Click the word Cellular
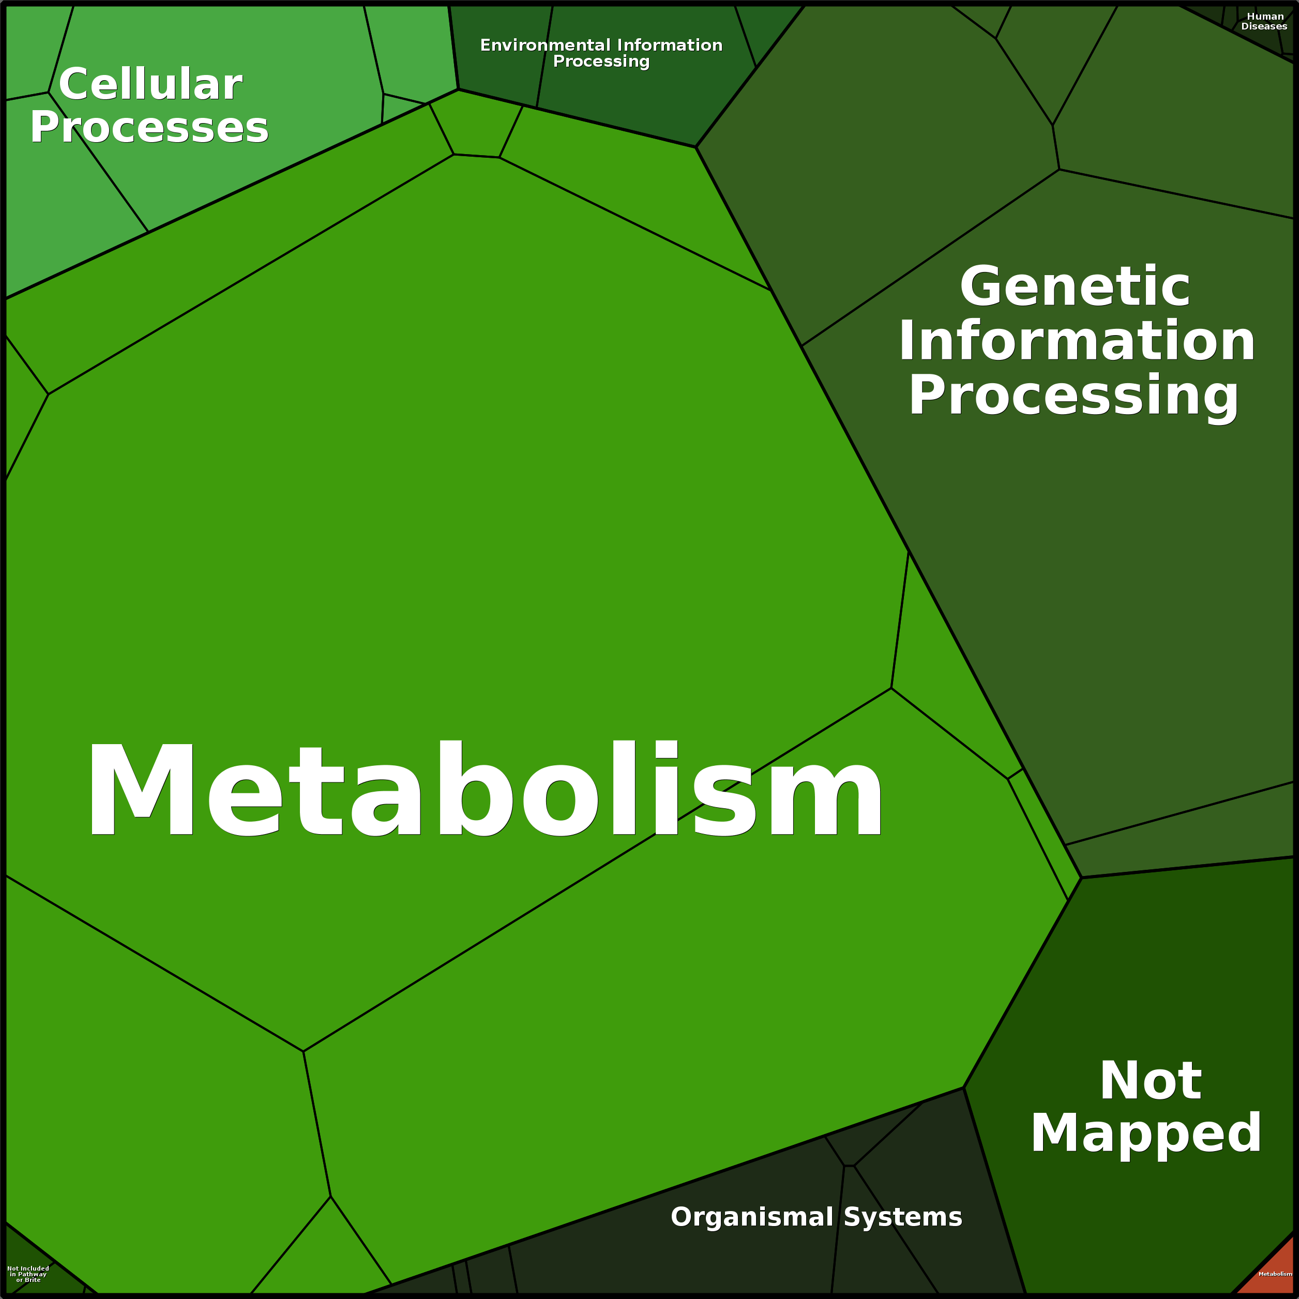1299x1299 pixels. pos(150,85)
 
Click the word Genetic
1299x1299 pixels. pos(1075,286)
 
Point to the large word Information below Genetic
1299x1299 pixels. pos(1077,341)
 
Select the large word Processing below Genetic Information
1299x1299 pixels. pos(1073,396)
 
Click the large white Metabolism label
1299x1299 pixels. pos(484,791)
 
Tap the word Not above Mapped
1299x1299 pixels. pos(1151,1081)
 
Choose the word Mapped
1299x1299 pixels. pos(1146,1134)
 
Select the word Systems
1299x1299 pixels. pos(902,1217)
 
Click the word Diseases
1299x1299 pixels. pos(1264,27)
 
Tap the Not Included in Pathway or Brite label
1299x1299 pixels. pos(28,1274)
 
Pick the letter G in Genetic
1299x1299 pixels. pos(985,286)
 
